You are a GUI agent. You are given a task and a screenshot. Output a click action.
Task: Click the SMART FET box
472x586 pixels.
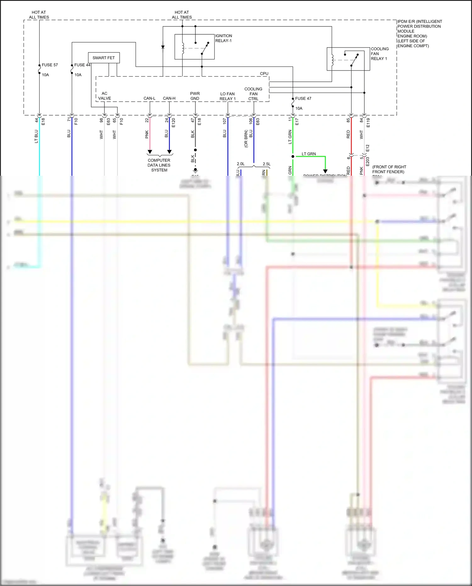click(104, 58)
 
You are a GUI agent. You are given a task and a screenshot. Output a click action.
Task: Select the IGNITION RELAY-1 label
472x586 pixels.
click(223, 38)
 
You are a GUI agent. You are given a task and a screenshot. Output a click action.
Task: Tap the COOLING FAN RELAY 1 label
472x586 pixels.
click(379, 54)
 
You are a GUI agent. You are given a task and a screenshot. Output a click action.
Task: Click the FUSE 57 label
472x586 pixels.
click(50, 65)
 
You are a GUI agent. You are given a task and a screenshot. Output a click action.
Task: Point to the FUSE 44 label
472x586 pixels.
click(82, 65)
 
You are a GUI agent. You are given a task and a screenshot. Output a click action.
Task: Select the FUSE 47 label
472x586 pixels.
click(303, 99)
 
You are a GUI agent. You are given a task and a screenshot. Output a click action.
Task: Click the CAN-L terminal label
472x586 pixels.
click(149, 98)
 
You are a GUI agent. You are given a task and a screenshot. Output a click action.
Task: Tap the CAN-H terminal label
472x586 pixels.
click(169, 98)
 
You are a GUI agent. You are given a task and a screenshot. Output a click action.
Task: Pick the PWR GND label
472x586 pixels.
click(195, 96)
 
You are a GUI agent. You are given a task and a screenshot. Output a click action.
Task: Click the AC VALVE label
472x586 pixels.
click(104, 96)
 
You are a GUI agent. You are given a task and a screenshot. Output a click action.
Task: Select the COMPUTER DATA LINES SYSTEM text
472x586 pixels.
click(159, 165)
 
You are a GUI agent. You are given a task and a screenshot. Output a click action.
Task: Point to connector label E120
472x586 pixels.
click(173, 123)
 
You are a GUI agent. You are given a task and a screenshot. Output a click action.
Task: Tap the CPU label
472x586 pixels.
click(264, 74)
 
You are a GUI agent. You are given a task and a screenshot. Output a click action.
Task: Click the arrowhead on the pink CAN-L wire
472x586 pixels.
click(150, 152)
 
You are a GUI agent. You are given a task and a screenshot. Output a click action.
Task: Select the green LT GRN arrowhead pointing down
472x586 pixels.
click(325, 171)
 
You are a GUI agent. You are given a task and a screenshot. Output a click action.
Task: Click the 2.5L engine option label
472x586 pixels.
click(267, 164)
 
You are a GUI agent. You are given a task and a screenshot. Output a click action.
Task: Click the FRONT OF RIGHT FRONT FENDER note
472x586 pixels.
click(389, 169)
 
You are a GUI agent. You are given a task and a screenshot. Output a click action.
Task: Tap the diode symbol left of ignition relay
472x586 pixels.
click(163, 47)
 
